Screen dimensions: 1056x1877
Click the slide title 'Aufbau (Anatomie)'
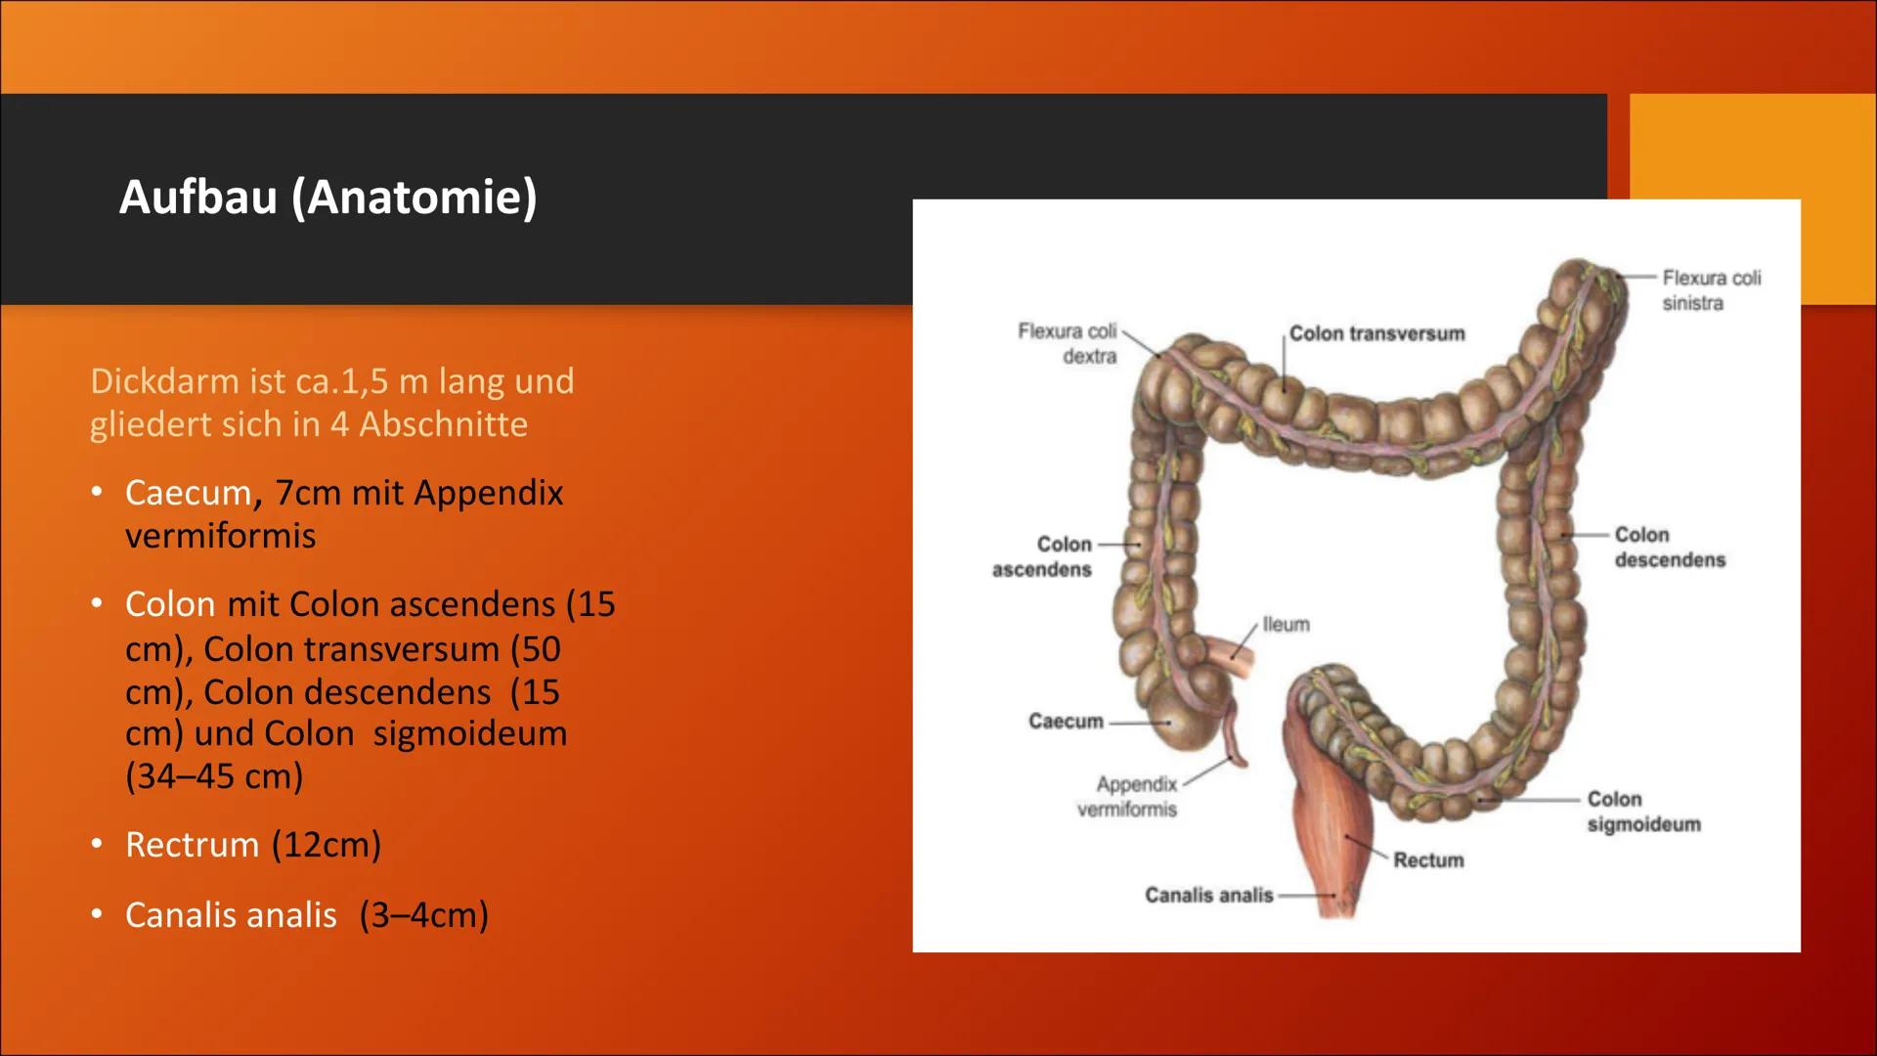327,198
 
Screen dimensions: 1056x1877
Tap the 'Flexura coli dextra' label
1068,343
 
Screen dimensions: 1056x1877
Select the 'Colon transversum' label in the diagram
1376,333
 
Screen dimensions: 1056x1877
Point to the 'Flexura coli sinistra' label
1711,290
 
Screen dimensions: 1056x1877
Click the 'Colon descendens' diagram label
1669,548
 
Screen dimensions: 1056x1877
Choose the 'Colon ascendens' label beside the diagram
1043,556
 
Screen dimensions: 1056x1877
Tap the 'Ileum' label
1286,624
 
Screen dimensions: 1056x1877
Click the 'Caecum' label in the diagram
1066,722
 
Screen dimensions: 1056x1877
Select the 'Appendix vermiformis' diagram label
1128,796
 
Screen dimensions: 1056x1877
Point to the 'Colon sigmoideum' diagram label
1643,812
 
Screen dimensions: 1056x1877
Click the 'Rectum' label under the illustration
1428,860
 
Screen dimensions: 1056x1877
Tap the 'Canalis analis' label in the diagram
1209,895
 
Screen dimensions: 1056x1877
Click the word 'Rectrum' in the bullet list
192,845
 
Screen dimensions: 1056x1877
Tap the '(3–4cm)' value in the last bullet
423,915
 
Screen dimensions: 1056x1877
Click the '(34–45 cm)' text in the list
214,776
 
